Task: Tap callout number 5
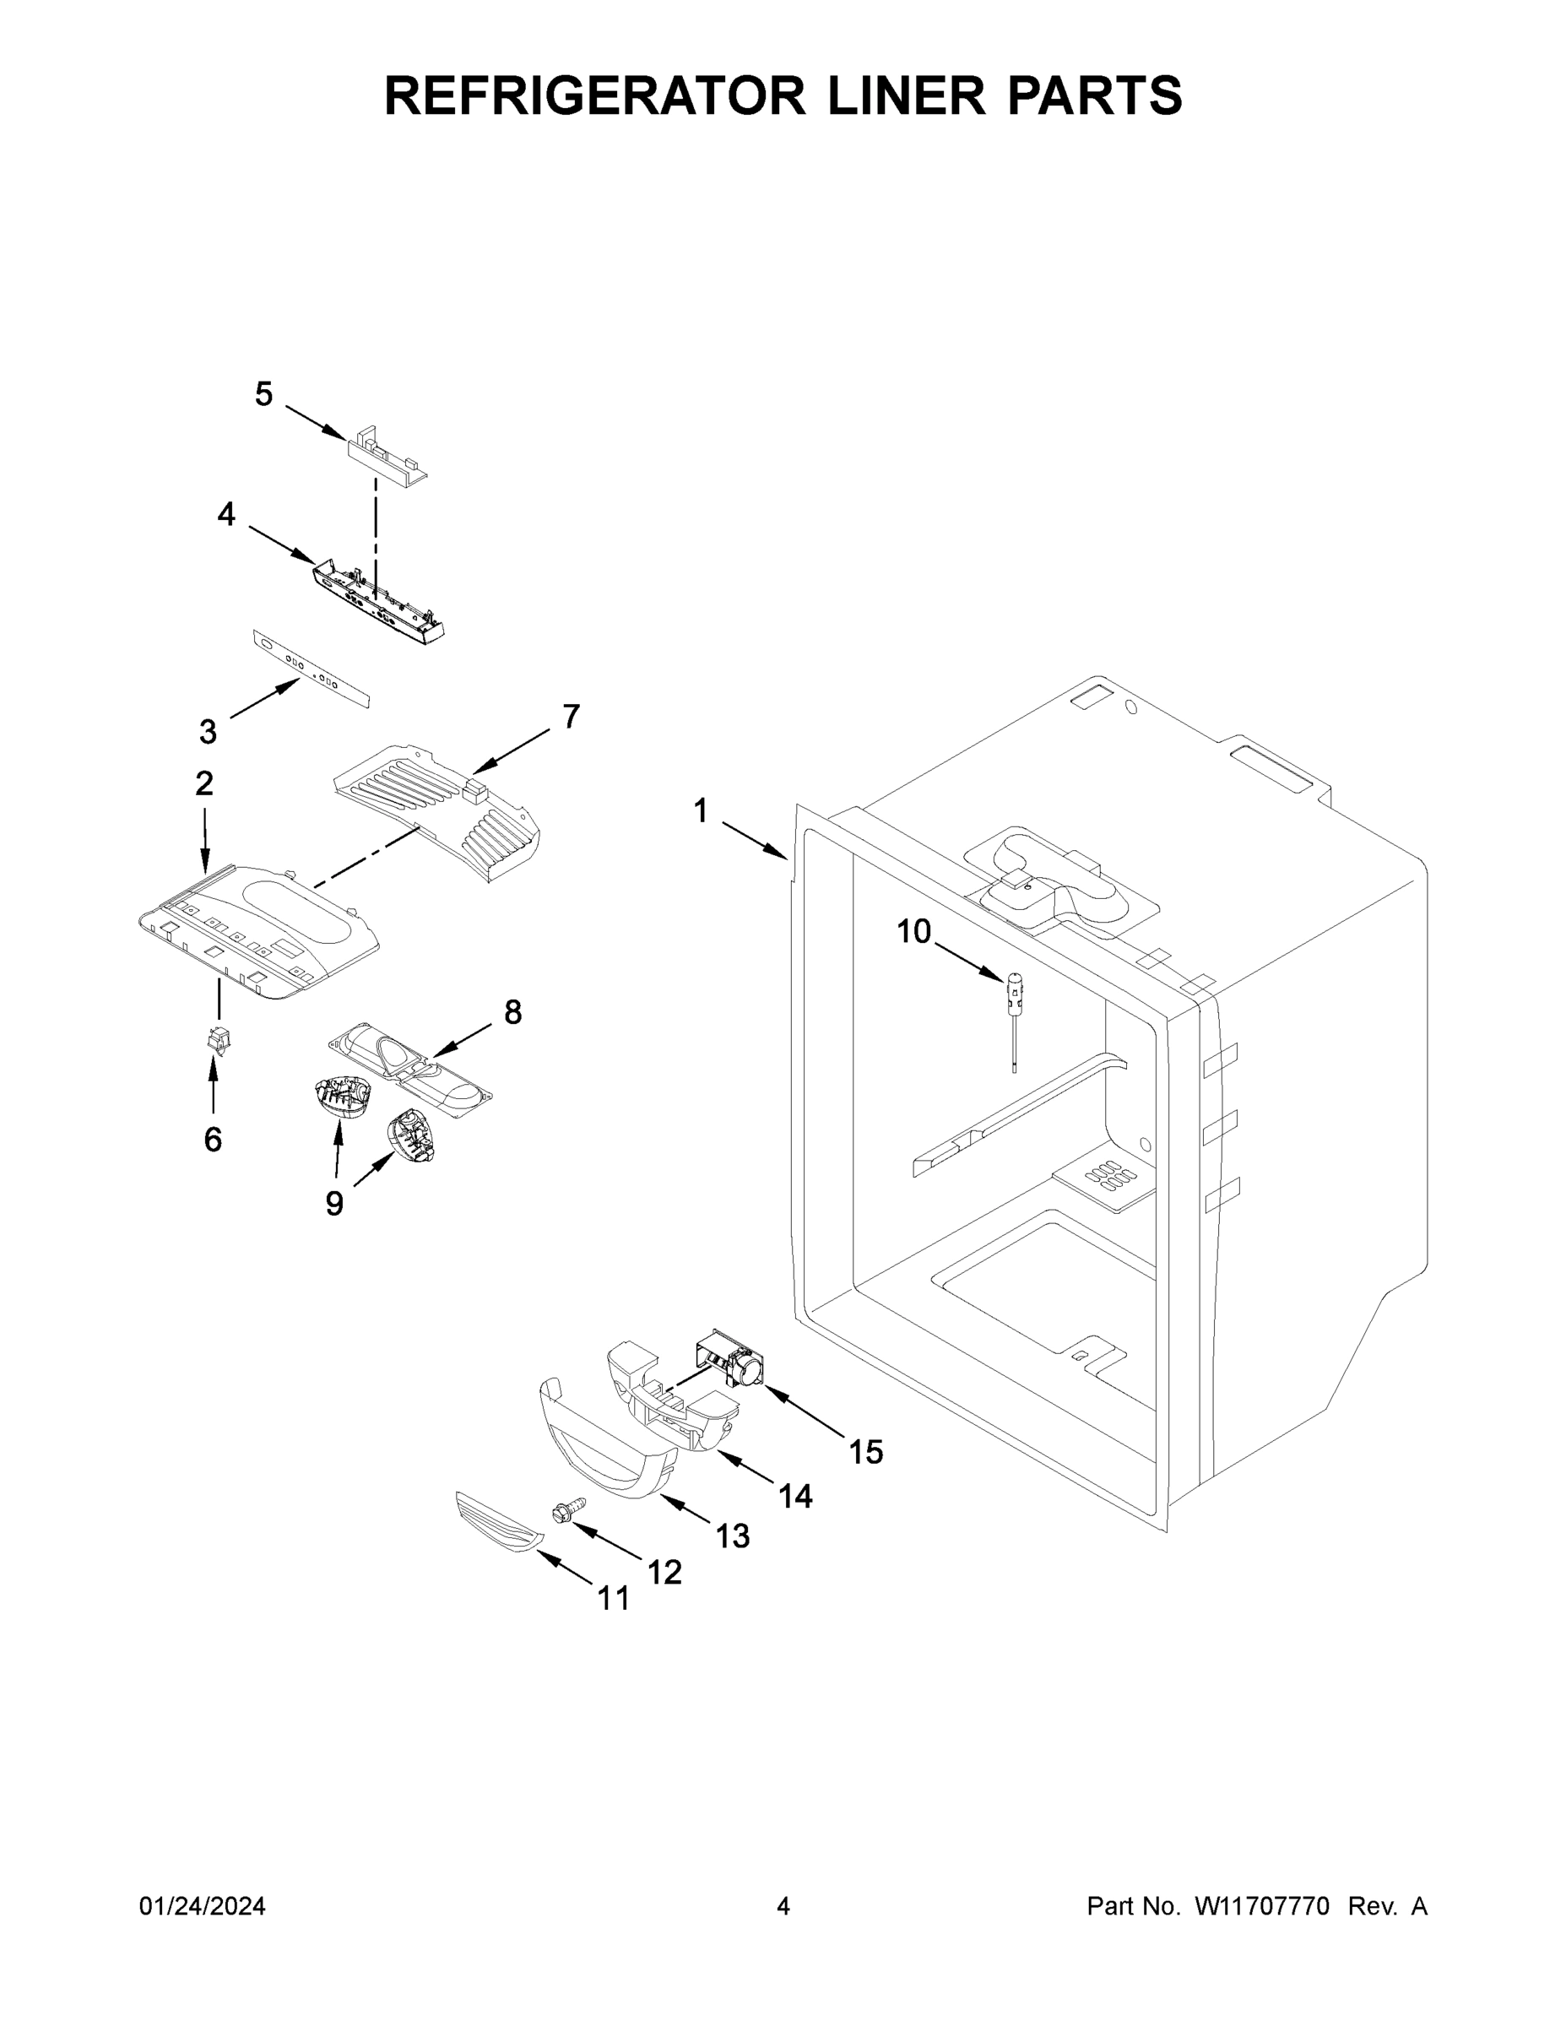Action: (264, 395)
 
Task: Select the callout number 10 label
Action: (913, 930)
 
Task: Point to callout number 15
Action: (865, 1451)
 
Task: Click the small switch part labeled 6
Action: (219, 1041)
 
